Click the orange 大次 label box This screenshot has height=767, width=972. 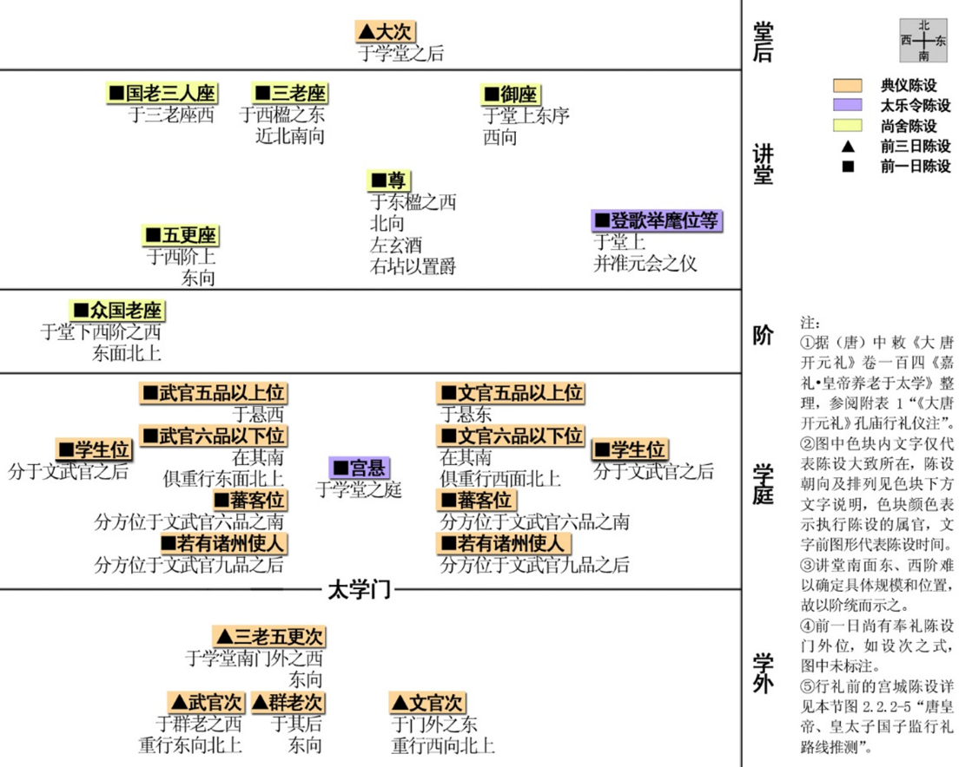384,31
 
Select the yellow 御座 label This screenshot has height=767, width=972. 511,94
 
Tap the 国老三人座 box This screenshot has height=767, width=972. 162,93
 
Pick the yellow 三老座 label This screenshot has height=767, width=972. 289,93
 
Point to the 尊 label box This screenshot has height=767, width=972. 388,180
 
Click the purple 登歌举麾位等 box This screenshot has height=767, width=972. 657,220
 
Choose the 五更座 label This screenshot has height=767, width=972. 181,235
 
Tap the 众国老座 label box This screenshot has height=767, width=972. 117,310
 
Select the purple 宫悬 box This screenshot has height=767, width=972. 359,468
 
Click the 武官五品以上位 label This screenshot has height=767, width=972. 213,393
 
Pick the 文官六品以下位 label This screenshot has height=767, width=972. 511,436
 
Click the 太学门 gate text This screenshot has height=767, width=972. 359,590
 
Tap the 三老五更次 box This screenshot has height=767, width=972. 269,636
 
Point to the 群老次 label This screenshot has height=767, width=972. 287,703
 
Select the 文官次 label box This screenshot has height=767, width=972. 427,703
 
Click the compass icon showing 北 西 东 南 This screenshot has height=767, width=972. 923,41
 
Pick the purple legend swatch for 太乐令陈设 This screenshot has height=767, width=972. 848,105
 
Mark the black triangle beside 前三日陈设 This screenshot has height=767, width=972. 848,146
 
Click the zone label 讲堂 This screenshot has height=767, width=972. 763,164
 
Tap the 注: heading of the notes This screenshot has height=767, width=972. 810,323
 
